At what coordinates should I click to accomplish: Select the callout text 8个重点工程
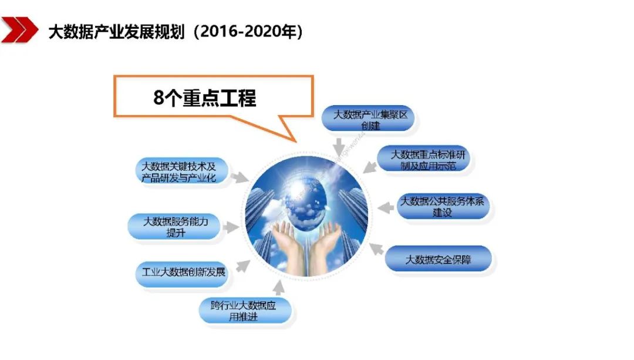coord(205,97)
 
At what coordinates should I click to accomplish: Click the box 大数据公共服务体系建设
coord(443,206)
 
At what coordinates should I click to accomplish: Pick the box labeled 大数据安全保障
coord(438,259)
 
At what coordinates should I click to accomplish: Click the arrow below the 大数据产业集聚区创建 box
coord(338,144)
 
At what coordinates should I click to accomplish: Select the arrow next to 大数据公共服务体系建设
coord(385,207)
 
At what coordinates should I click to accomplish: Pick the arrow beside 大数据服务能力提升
coord(232,227)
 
